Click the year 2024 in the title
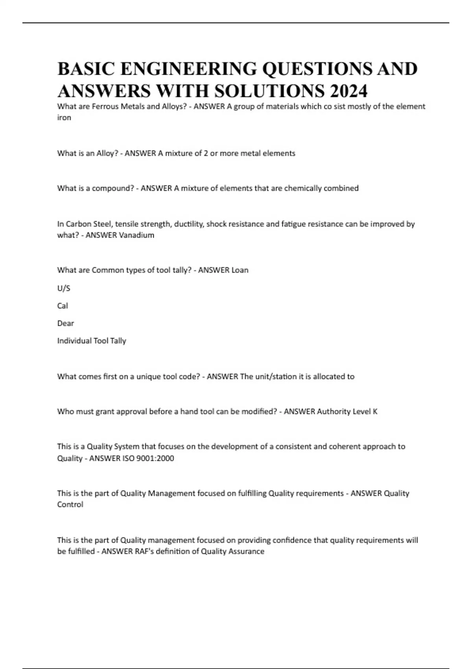348,91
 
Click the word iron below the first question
64,118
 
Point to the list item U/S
64,288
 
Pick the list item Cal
63,306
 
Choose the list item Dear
66,323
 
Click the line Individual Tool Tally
92,341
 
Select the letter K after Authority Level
375,412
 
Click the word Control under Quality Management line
70,505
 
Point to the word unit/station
276,377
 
